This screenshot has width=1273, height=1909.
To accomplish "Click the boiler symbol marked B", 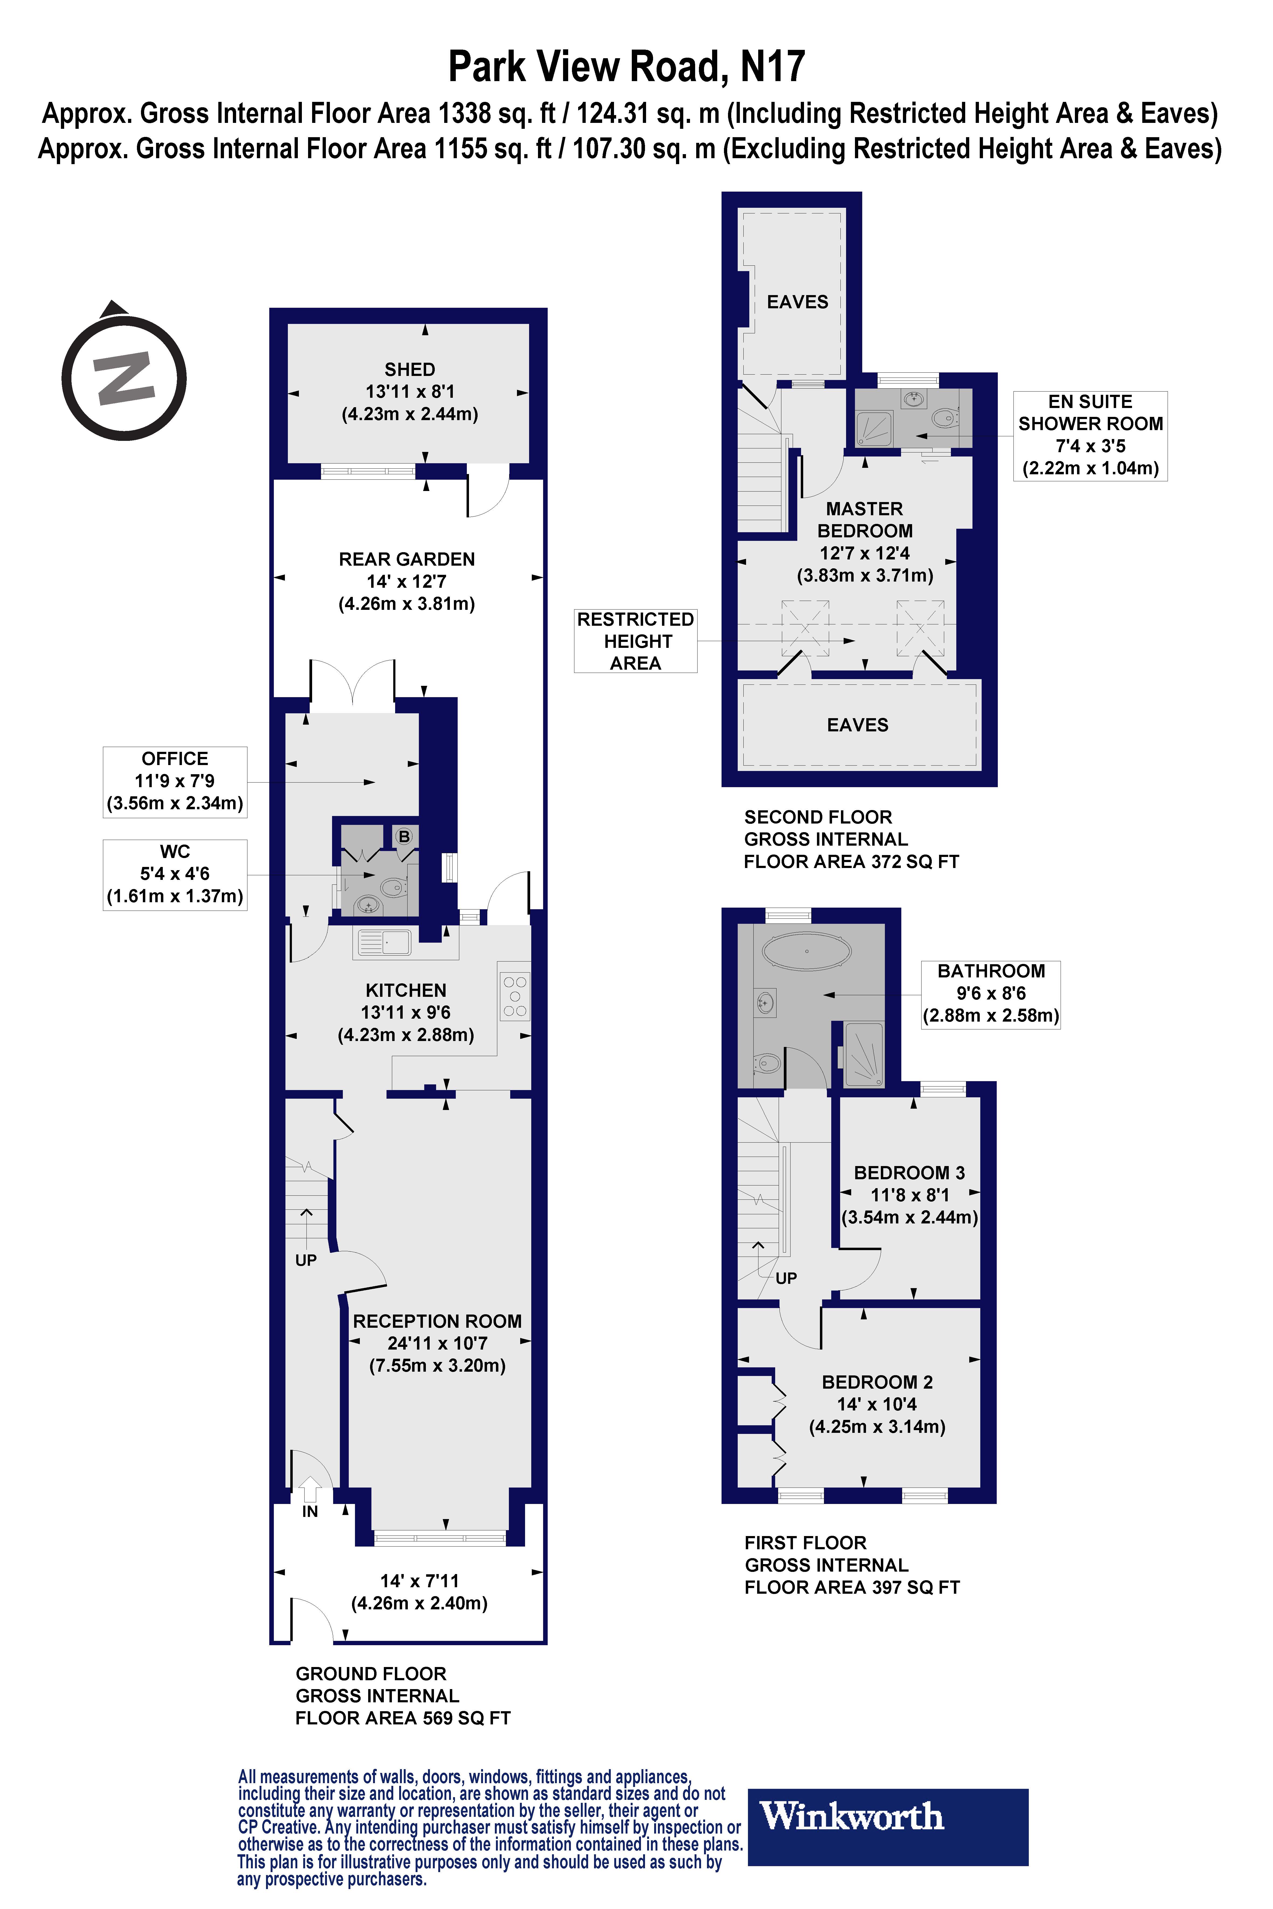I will [x=403, y=836].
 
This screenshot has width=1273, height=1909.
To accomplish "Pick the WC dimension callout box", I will [x=175, y=874].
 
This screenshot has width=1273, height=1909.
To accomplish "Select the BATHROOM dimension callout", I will [x=991, y=994].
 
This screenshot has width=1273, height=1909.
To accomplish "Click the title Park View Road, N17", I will [x=627, y=67].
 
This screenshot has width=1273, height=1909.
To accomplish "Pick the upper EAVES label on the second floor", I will [x=797, y=302].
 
